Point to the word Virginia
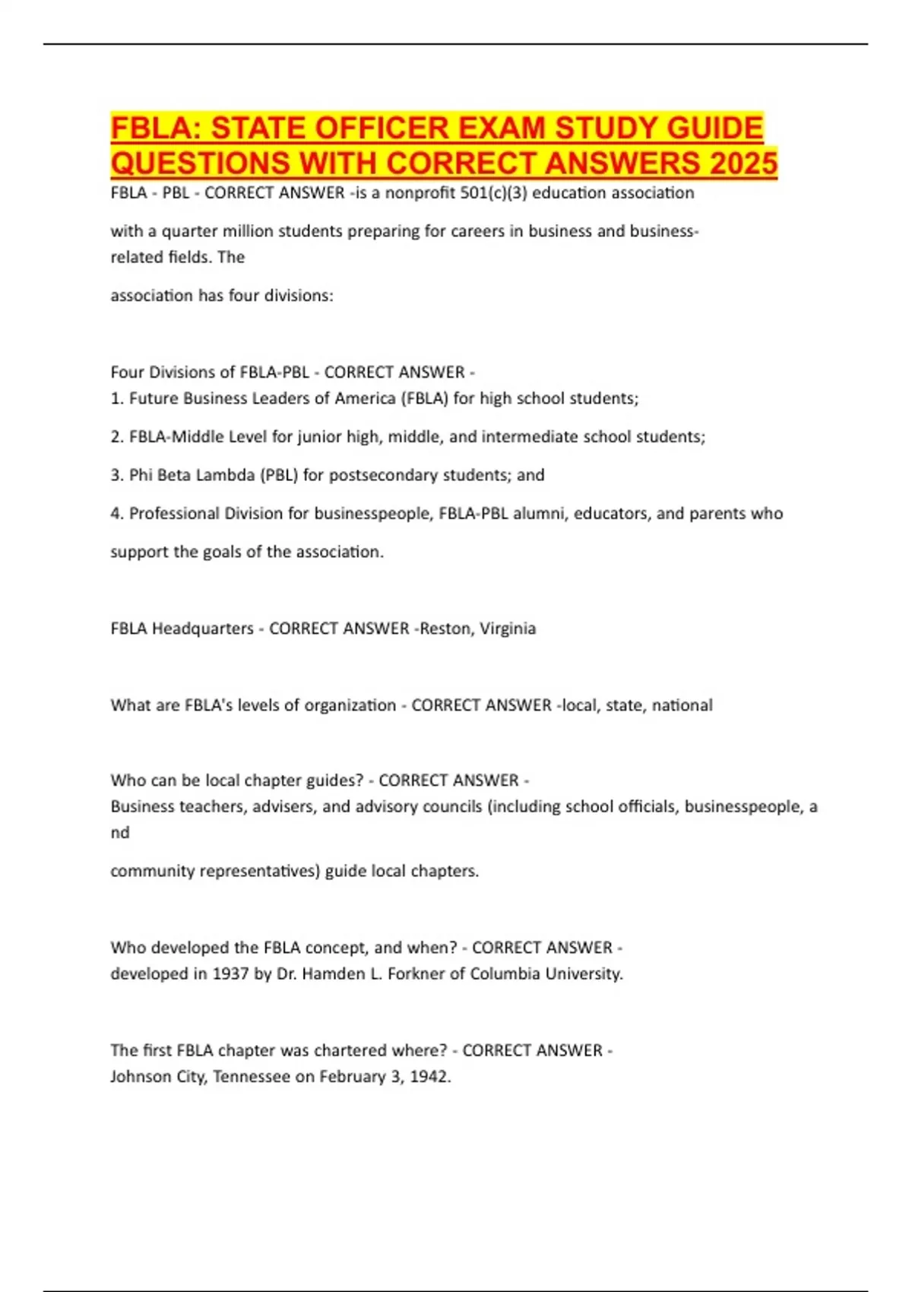pyautogui.click(x=508, y=629)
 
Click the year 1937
pyautogui.click(x=230, y=974)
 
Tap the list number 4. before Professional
pyautogui.click(x=117, y=514)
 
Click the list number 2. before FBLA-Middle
pyautogui.click(x=117, y=437)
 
